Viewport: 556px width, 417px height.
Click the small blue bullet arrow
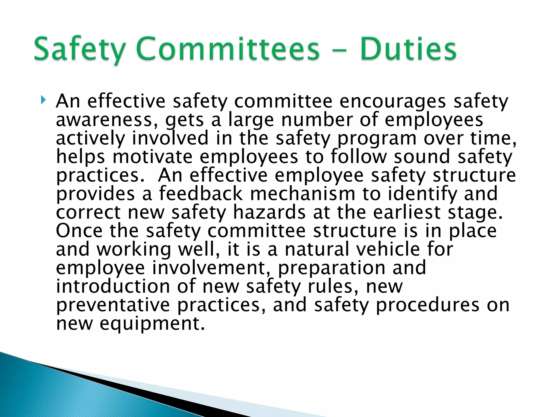point(43,100)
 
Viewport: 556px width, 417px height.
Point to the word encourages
point(393,102)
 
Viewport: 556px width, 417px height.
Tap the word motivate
point(152,157)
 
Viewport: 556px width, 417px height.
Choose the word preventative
point(113,305)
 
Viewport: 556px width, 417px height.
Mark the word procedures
point(428,305)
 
